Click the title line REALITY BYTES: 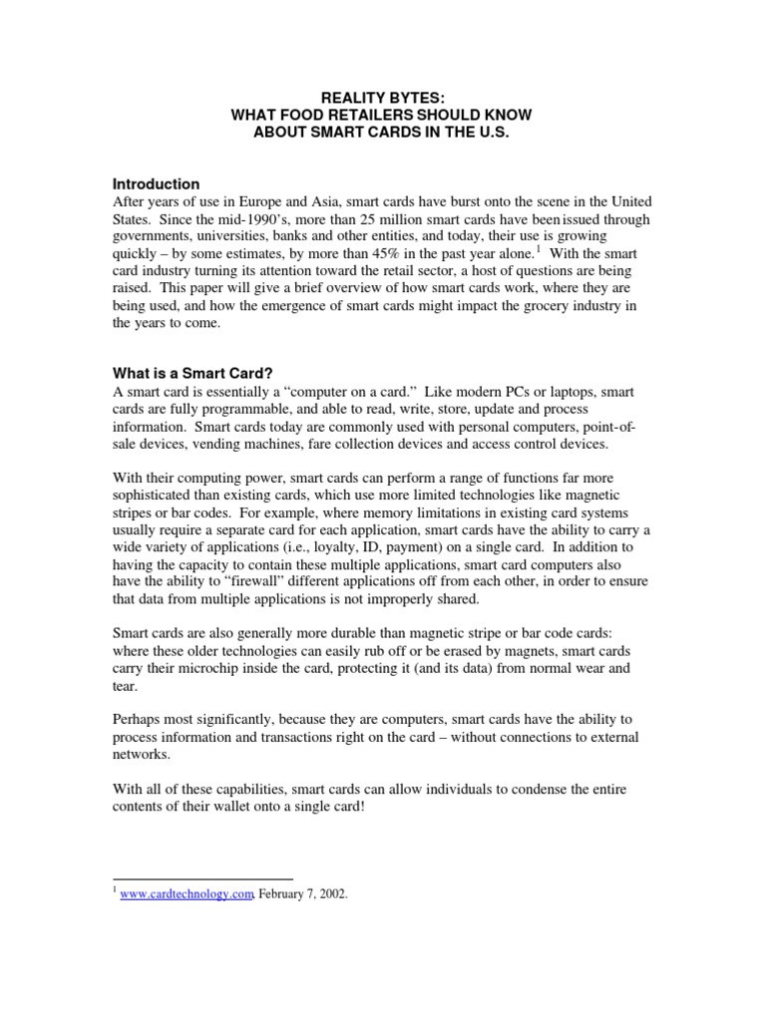tap(382, 98)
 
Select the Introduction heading tap(156, 184)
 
